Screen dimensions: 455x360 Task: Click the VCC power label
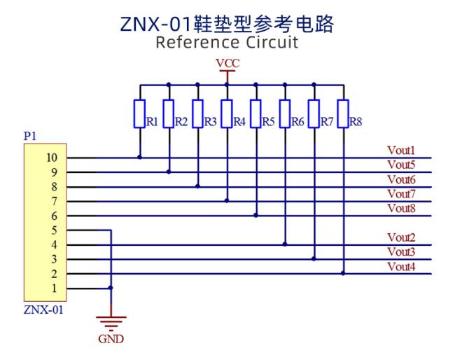click(x=227, y=63)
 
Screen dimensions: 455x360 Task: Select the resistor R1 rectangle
click(x=139, y=113)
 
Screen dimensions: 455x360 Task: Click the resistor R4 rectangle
click(x=227, y=113)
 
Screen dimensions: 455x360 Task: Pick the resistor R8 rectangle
click(x=343, y=113)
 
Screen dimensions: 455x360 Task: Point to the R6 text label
click(x=297, y=122)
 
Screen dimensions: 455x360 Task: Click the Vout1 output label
click(x=401, y=151)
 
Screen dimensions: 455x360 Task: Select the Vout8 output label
click(x=401, y=208)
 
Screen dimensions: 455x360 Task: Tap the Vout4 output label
click(x=401, y=266)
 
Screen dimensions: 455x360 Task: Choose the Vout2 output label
click(x=401, y=237)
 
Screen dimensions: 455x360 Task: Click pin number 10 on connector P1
click(x=52, y=158)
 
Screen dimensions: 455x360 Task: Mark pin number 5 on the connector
click(x=55, y=230)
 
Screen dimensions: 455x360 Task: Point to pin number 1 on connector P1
click(x=55, y=289)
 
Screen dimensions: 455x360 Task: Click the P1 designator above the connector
click(x=30, y=136)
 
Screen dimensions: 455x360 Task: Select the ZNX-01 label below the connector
click(x=43, y=310)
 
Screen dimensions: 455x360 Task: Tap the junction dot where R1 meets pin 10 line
click(x=139, y=157)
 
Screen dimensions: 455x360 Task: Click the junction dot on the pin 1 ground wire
click(x=111, y=288)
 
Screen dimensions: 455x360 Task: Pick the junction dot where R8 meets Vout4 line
click(x=343, y=273)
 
